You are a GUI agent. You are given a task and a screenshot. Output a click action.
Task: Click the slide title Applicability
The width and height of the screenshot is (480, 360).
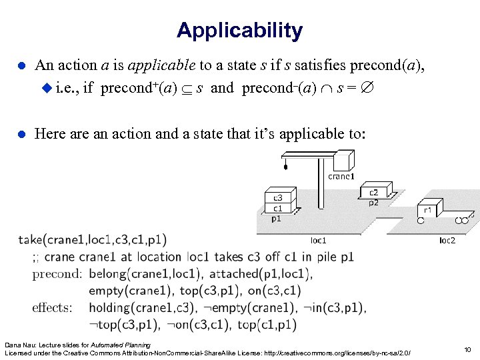tap(239, 30)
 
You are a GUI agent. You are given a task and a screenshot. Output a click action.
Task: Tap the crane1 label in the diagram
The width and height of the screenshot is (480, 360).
tap(341, 177)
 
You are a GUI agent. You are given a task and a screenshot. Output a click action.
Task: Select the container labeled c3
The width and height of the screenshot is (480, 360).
tap(278, 197)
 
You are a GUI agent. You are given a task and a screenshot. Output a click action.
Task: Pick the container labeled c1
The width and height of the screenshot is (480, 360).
tap(278, 207)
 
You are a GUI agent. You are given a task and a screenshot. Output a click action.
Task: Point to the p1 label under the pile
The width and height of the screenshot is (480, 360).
tap(276, 217)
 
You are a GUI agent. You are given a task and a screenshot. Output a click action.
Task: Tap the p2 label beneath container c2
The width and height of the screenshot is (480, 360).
tap(374, 203)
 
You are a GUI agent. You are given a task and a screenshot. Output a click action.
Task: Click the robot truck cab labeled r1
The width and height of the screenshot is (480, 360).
tap(428, 209)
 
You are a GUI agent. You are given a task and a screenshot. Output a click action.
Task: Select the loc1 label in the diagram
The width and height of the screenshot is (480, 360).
tap(319, 239)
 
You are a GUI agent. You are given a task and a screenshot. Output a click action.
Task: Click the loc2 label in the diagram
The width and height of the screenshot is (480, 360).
tap(447, 239)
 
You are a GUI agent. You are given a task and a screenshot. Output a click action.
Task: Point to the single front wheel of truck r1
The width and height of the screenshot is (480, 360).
tap(421, 220)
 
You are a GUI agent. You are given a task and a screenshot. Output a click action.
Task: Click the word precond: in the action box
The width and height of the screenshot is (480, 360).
tap(57, 273)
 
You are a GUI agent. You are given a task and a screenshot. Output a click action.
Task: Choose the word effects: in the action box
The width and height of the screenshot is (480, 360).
tap(52, 307)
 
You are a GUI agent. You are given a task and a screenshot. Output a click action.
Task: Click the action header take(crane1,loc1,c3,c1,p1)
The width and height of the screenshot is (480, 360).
tap(93, 239)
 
